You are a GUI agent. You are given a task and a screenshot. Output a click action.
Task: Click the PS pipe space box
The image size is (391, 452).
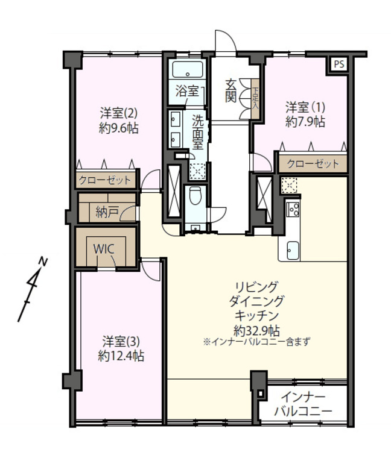point(339,64)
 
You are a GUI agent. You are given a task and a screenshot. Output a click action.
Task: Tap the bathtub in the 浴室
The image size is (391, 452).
point(188,69)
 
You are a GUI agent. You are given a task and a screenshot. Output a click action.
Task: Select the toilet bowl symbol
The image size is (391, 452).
point(195,195)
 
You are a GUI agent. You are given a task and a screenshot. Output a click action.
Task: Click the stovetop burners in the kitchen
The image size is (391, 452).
point(293,209)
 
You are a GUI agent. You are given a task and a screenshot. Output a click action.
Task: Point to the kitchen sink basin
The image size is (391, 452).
point(293,251)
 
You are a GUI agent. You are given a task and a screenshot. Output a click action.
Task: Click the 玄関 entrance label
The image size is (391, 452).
point(231,90)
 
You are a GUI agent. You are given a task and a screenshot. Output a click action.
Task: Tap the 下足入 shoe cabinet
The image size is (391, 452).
point(255,98)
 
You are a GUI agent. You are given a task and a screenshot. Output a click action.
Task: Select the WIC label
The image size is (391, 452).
point(104,249)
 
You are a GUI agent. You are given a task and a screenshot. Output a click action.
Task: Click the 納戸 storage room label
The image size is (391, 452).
point(107,213)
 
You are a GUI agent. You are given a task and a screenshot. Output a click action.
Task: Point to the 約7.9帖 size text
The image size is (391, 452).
point(305,122)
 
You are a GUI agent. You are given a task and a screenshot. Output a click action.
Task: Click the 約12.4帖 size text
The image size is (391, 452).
point(121,356)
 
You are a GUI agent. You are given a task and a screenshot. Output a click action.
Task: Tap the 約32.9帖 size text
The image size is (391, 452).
point(256,331)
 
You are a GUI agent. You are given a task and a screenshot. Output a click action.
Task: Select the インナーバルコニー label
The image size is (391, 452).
point(303,404)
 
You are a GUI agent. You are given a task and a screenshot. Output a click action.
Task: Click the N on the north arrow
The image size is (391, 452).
point(43,262)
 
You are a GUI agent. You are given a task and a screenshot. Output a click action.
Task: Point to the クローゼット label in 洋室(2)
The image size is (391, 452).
point(104,180)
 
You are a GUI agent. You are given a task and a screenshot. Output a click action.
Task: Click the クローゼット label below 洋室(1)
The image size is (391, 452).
point(313,164)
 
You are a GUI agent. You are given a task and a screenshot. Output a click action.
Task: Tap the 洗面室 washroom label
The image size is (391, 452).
point(198,132)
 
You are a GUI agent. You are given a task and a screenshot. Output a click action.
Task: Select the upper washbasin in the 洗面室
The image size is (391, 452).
point(176,119)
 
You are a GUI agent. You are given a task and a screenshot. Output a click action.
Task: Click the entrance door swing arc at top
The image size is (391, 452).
point(229,36)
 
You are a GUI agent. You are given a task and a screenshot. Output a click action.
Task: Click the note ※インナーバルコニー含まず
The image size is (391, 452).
point(256,342)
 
